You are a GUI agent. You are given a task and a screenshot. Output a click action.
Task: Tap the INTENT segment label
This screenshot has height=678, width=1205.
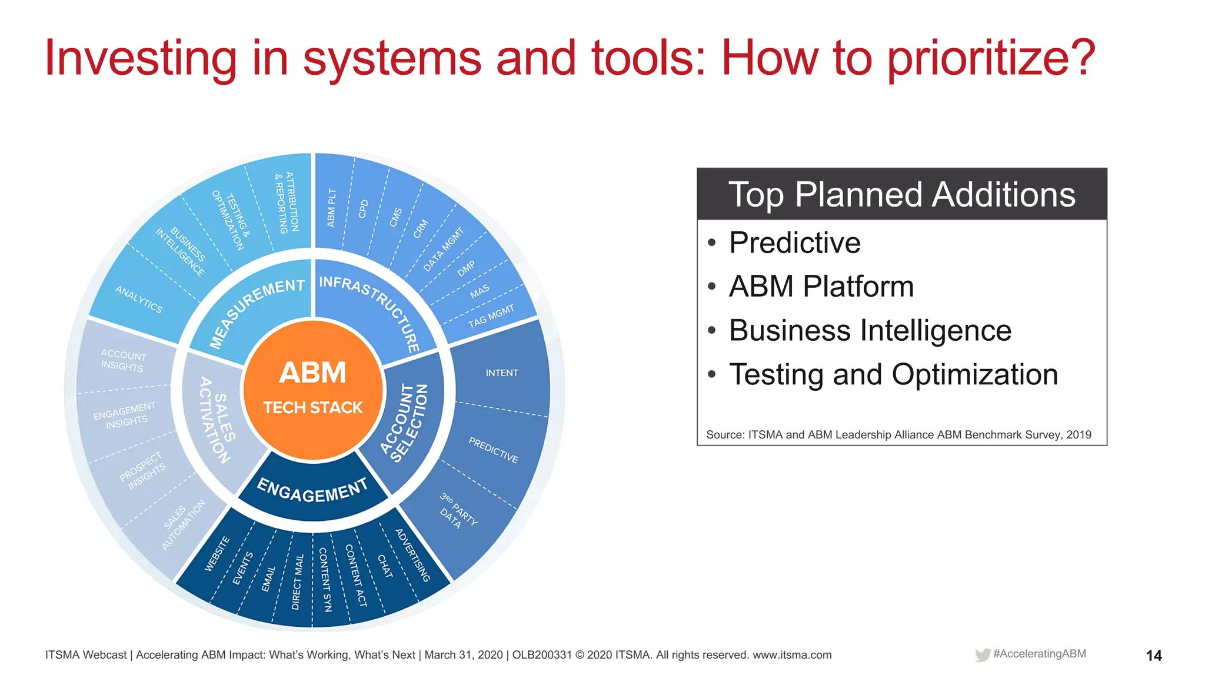(x=501, y=373)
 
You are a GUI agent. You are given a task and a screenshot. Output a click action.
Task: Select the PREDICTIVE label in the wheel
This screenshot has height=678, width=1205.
(x=493, y=450)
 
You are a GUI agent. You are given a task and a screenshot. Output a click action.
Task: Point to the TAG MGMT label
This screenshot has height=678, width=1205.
(x=491, y=316)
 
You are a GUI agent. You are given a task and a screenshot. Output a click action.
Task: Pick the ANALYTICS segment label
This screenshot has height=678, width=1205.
(x=139, y=299)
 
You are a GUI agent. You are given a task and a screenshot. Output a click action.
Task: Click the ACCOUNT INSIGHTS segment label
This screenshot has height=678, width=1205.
(x=122, y=360)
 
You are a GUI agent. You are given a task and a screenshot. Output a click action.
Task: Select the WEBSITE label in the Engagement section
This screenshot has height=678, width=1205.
(x=217, y=553)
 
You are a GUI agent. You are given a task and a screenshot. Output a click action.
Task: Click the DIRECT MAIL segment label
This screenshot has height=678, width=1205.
(x=298, y=581)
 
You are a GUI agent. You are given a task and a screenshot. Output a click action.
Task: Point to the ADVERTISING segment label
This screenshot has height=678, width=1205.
(x=412, y=555)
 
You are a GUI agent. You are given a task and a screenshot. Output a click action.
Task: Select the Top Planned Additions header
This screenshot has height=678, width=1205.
(x=901, y=194)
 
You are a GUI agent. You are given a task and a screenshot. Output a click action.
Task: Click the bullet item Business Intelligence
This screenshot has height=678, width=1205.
(x=870, y=330)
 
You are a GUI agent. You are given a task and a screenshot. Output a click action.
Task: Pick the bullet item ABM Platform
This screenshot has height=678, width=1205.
(x=821, y=287)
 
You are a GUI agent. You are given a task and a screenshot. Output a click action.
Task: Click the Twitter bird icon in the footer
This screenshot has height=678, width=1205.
(x=982, y=655)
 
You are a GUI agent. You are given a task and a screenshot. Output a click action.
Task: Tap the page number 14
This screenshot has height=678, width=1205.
(x=1153, y=656)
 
